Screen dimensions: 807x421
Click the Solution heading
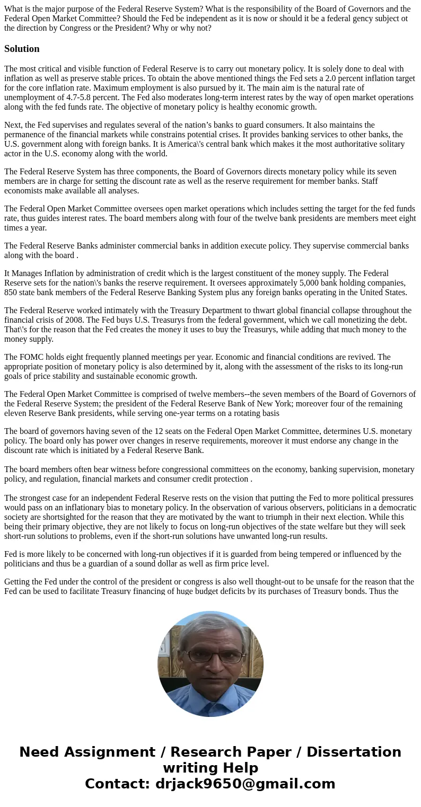22,49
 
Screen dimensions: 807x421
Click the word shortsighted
58,517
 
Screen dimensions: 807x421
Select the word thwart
235,310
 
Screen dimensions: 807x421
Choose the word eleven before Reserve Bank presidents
15,413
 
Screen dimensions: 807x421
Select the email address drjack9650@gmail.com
245,784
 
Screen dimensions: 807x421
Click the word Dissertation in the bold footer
354,752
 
